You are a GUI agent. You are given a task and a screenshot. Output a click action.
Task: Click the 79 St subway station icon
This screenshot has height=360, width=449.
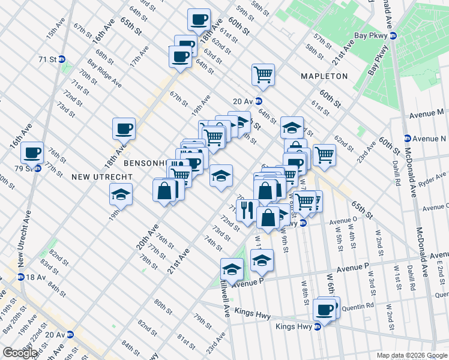click(x=38, y=168)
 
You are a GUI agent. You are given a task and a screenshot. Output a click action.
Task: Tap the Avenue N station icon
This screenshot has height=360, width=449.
click(x=407, y=139)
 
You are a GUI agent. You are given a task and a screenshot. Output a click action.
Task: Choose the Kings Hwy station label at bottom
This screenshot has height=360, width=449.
click(x=295, y=327)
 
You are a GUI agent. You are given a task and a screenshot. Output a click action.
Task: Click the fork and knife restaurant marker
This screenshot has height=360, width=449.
click(x=247, y=210)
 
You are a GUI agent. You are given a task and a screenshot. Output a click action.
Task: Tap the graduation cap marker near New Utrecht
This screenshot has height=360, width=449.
click(x=121, y=194)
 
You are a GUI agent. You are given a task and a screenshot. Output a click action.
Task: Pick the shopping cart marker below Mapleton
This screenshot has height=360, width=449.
click(x=263, y=74)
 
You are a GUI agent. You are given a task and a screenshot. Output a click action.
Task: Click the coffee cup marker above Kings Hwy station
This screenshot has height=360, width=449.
click(x=325, y=310)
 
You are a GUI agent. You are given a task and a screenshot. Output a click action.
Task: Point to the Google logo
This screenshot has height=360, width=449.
click(x=20, y=353)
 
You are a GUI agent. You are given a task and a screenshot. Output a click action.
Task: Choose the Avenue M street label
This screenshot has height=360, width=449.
click(x=427, y=112)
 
